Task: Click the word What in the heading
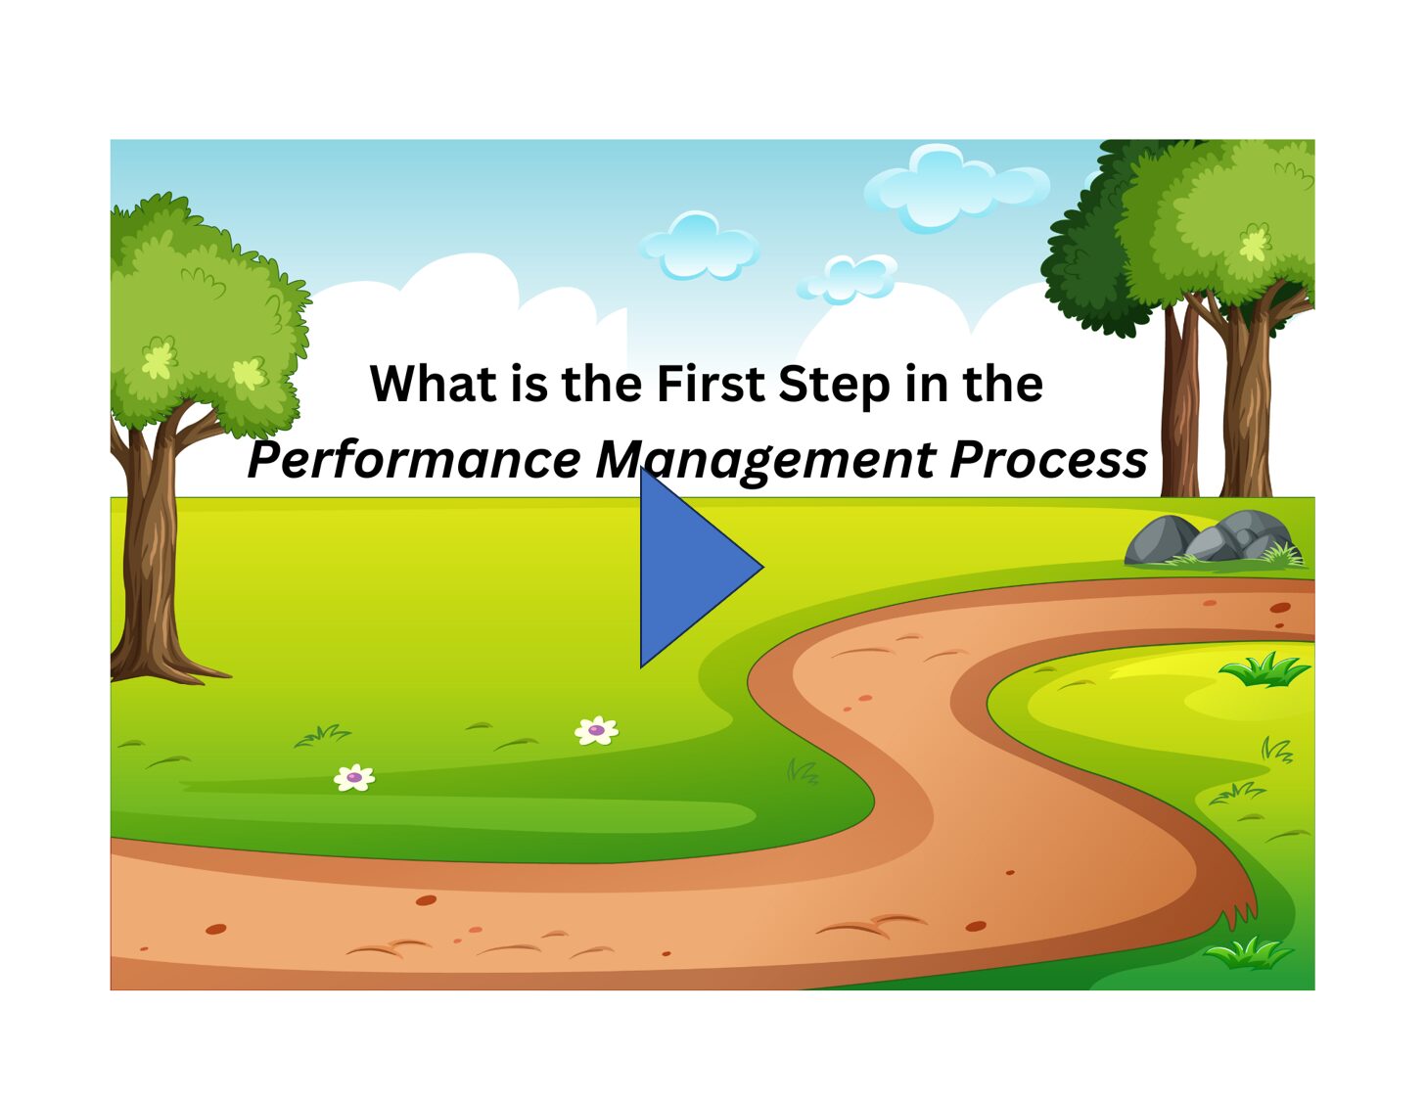(433, 383)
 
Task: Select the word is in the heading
(529, 383)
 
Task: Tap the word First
(711, 383)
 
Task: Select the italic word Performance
(414, 460)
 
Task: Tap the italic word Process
(1048, 460)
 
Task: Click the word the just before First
(601, 383)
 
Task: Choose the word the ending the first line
(1002, 383)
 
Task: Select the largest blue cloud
(957, 188)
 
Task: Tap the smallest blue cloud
(848, 279)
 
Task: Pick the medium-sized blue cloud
(699, 246)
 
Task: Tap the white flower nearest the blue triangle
(596, 730)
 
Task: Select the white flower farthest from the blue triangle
(354, 778)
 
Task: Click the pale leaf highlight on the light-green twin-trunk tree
(1255, 244)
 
